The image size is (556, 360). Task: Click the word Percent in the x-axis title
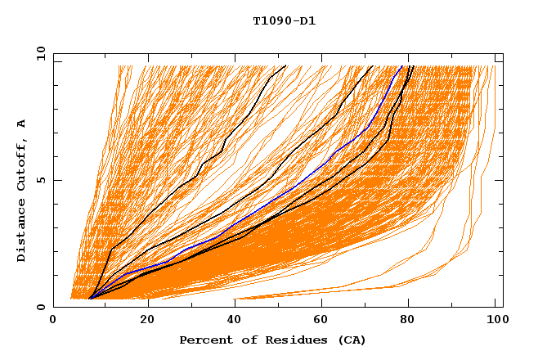pos(202,340)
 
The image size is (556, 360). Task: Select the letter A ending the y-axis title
pos(22,124)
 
